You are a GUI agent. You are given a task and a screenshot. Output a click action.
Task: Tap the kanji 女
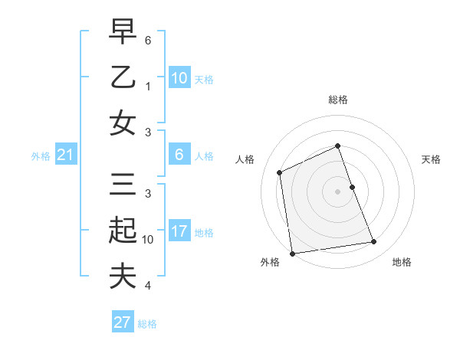pyautogui.click(x=123, y=123)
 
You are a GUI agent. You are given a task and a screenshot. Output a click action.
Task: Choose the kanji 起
pyautogui.click(x=123, y=231)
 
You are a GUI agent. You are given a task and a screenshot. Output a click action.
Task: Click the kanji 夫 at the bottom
pyautogui.click(x=123, y=276)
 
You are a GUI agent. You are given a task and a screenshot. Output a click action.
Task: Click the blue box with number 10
pyautogui.click(x=179, y=78)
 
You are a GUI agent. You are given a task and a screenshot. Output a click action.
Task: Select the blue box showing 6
pyautogui.click(x=179, y=155)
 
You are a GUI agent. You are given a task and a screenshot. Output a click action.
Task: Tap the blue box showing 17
pyautogui.click(x=179, y=231)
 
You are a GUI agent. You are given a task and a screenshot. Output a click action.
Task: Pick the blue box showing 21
pyautogui.click(x=65, y=155)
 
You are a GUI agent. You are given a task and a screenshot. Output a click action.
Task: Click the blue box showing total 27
pyautogui.click(x=122, y=322)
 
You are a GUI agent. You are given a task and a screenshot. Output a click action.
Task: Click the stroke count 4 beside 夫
pyautogui.click(x=148, y=286)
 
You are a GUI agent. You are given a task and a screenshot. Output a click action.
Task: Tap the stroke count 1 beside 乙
pyautogui.click(x=148, y=87)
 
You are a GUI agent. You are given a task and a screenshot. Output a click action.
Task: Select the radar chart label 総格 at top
pyautogui.click(x=338, y=100)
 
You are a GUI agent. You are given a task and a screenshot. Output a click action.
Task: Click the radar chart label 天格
pyautogui.click(x=432, y=159)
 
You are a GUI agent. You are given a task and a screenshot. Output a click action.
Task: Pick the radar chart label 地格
pyautogui.click(x=402, y=262)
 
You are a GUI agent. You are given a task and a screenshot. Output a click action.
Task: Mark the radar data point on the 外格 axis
pyautogui.click(x=292, y=254)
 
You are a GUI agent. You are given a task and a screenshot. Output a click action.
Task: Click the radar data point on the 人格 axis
pyautogui.click(x=280, y=172)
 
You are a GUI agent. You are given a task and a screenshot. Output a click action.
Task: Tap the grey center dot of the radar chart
pyautogui.click(x=338, y=191)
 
